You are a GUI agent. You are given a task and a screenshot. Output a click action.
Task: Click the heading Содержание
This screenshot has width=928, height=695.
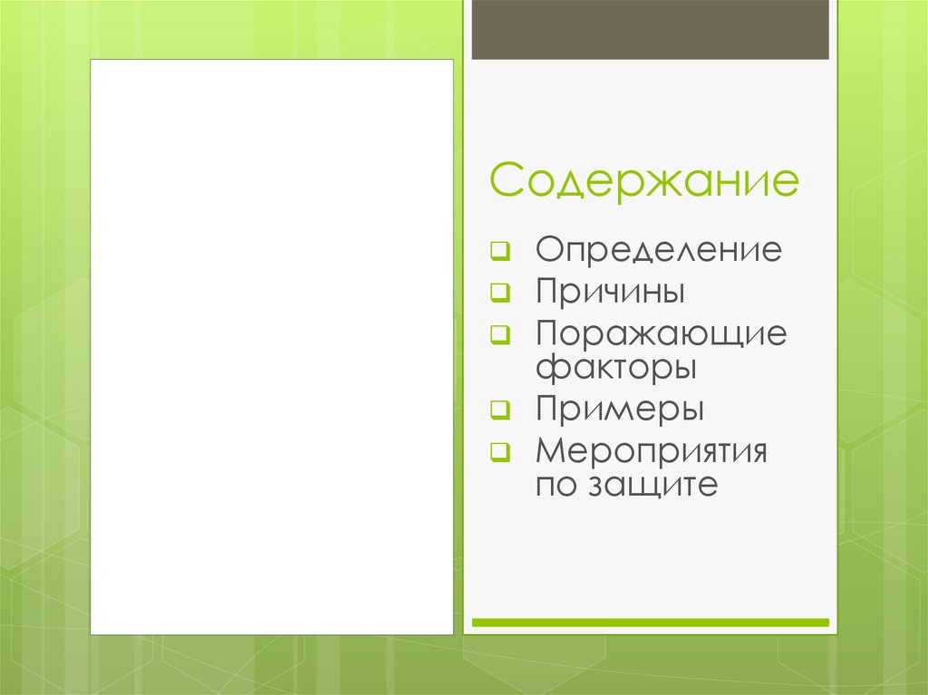(x=644, y=181)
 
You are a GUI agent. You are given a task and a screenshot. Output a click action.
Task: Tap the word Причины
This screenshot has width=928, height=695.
(x=609, y=292)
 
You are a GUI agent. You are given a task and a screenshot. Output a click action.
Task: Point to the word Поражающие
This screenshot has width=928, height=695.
(x=661, y=334)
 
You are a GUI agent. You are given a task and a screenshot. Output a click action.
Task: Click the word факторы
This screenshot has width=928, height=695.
(x=615, y=368)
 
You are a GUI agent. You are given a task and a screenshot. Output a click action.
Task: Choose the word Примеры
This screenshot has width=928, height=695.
(x=619, y=409)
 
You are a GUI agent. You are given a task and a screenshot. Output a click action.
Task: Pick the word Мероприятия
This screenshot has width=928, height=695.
(x=651, y=450)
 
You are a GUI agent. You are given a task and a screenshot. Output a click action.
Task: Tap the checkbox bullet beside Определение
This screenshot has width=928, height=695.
(x=500, y=250)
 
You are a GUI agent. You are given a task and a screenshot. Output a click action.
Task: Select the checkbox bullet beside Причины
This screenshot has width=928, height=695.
(x=500, y=292)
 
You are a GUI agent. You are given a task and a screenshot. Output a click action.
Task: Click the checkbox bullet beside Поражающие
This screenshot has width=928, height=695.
(x=500, y=333)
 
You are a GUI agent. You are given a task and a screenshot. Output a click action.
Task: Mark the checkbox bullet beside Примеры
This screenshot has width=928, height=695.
(x=500, y=409)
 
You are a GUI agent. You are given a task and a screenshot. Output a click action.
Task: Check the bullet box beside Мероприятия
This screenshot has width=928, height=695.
(x=500, y=450)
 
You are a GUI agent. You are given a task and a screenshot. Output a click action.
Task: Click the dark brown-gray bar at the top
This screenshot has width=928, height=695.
(x=650, y=29)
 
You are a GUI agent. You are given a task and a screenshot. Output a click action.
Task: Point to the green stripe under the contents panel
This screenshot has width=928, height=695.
(x=650, y=623)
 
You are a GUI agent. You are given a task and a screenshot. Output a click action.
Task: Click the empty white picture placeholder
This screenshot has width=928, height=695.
(x=271, y=347)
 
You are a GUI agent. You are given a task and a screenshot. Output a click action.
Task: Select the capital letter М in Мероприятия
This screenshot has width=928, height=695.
(x=549, y=450)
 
